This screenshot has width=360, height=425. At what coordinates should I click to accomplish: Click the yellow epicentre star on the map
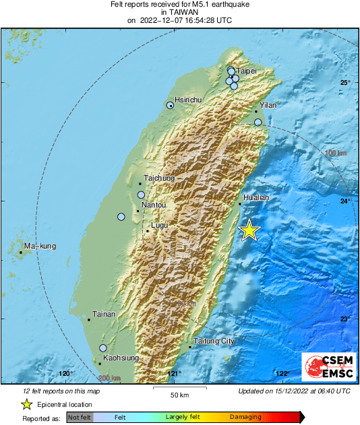pos(249,230)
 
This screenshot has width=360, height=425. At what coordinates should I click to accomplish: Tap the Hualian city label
pos(256,197)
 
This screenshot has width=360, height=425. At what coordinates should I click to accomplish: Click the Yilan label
pos(268,106)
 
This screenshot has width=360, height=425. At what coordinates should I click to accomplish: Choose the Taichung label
pos(159,178)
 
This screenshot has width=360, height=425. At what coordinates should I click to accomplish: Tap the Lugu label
pos(159,225)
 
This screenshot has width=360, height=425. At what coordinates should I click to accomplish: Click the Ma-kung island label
pos(40,247)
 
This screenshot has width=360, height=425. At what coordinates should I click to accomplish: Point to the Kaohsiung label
pos(121,358)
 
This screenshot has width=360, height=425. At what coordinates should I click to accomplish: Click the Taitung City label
pos(214,341)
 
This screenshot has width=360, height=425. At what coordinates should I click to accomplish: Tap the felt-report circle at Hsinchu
pos(171,105)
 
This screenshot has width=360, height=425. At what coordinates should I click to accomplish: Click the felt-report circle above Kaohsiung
pos(103,348)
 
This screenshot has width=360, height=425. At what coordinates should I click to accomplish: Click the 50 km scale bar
pos(179,388)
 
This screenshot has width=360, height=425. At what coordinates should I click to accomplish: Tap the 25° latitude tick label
pos(345,82)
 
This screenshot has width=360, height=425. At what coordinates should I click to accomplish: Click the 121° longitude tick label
pos(174,374)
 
